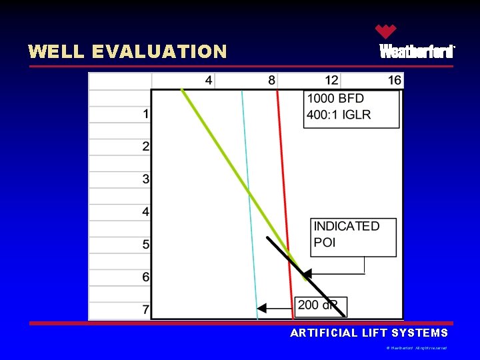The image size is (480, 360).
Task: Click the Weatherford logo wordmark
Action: point(417,51)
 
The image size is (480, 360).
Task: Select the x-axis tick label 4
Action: point(209,81)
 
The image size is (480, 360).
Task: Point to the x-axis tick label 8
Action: point(272,81)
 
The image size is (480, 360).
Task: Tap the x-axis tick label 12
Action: point(331,81)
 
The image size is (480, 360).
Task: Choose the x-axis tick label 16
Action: point(395,81)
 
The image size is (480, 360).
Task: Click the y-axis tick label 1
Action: point(146,114)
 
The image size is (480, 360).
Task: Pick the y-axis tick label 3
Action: point(146,179)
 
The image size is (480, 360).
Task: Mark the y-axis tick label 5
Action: point(146,245)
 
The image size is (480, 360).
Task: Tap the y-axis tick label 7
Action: point(146,311)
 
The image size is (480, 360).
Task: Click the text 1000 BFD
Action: point(335,99)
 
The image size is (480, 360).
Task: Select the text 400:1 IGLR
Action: point(339,115)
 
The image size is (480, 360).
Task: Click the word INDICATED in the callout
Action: point(347,227)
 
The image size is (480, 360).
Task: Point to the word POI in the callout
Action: point(325,243)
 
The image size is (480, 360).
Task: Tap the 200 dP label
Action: point(317,305)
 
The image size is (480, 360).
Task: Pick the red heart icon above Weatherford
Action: point(385,31)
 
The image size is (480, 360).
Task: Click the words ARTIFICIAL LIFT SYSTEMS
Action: point(369,333)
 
